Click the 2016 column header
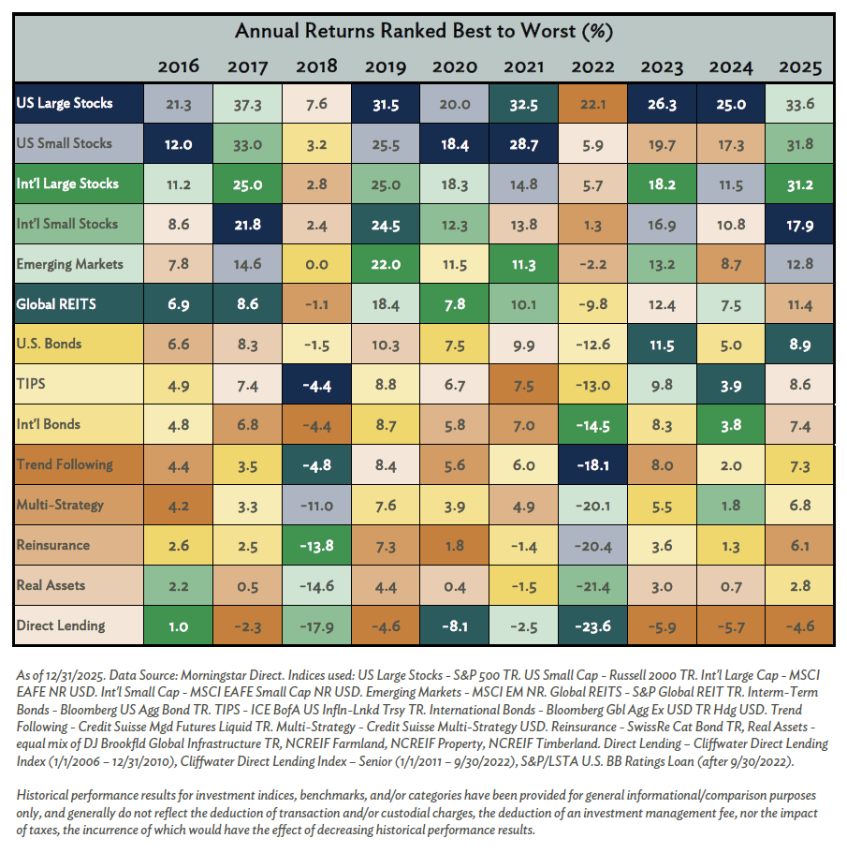[179, 67]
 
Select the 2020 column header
[455, 67]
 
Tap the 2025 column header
[799, 67]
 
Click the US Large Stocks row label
[65, 103]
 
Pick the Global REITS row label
[55, 303]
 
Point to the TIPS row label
[32, 384]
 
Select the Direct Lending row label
[61, 625]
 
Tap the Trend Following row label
[65, 464]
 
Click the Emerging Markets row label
[70, 264]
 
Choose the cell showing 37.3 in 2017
[248, 104]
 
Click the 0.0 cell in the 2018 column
[317, 265]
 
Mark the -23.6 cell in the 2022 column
[592, 626]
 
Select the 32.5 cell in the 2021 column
[524, 104]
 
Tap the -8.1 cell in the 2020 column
[455, 626]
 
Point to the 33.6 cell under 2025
[799, 104]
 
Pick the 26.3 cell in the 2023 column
[662, 104]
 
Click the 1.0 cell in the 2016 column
[179, 626]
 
